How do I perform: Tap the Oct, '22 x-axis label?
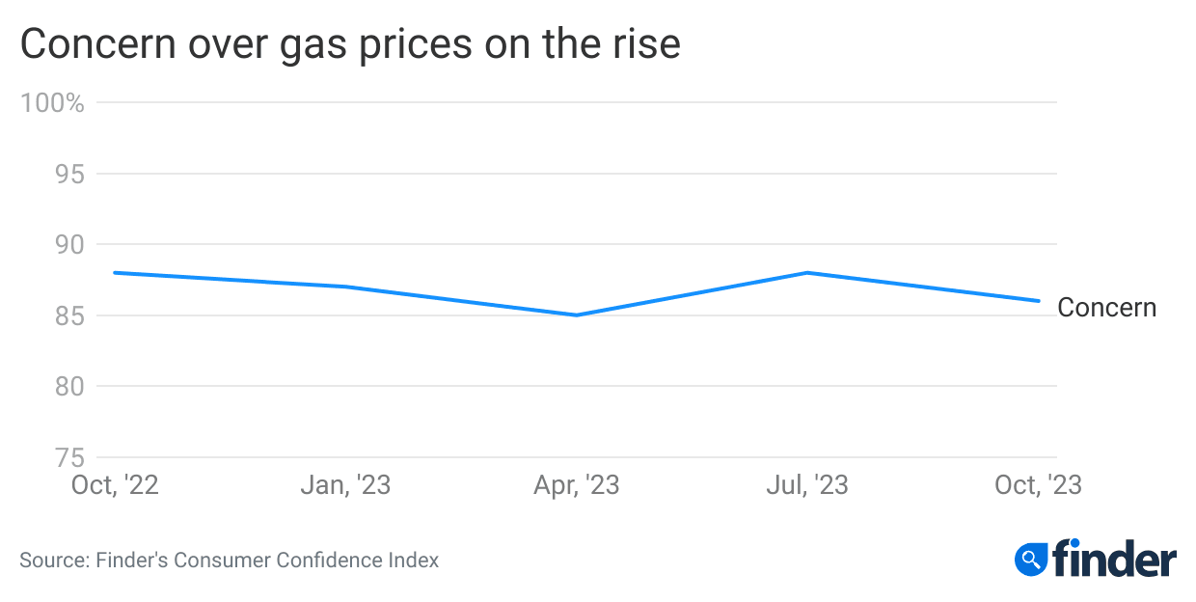115,484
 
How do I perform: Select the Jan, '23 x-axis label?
345,484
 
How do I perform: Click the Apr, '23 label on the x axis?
577,484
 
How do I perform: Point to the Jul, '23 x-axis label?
807,484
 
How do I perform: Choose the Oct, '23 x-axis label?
1038,484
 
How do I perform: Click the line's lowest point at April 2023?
577,315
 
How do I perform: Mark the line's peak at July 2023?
807,272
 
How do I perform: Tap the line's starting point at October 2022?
115,272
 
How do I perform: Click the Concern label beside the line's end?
1106,308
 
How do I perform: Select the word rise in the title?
646,45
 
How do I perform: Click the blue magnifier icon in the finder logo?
1031,559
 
